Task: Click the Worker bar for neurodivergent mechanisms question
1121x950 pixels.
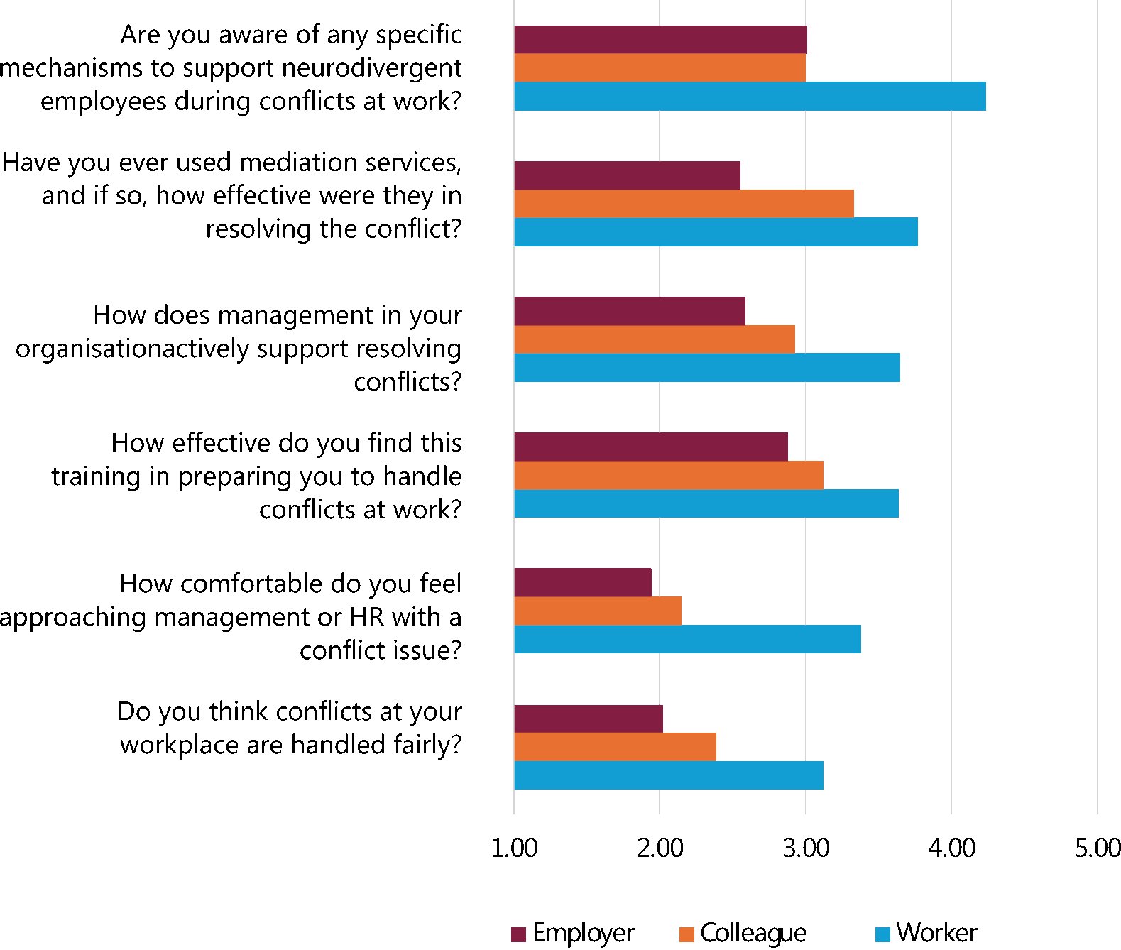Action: click(750, 97)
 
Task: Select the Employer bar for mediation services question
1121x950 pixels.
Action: click(627, 175)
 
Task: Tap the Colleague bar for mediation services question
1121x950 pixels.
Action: click(684, 204)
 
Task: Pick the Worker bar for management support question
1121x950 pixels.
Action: click(707, 368)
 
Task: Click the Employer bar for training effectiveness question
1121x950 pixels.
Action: click(651, 447)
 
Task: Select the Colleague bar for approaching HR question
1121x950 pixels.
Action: click(598, 611)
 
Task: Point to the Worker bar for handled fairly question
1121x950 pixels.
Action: click(669, 775)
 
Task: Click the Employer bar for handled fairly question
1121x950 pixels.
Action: click(589, 719)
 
